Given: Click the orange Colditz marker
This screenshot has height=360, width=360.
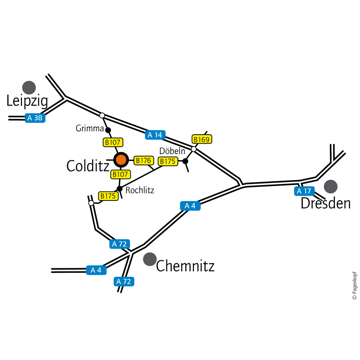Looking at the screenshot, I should point(121,159).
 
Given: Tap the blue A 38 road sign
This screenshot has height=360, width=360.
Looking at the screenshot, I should point(35,118).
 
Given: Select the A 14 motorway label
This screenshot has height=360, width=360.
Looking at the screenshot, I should point(156,135).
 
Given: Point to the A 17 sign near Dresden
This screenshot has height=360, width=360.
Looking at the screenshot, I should point(304,191).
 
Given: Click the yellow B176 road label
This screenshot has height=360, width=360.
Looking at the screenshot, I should point(144,161).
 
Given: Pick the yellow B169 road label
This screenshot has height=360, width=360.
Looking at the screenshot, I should point(202,139).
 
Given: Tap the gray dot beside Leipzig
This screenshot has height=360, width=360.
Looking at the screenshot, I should point(29,87).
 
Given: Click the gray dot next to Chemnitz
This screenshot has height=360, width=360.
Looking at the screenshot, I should point(150,259).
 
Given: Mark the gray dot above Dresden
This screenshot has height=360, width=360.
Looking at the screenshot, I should point(330,186).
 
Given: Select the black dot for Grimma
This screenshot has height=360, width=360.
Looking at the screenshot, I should point(108,130).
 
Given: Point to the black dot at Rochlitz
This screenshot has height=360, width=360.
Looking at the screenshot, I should point(120,188).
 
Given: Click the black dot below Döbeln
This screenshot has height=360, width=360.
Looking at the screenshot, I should point(185,161).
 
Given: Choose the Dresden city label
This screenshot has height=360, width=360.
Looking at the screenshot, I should point(325,204).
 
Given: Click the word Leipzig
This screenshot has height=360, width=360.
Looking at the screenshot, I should point(27,102).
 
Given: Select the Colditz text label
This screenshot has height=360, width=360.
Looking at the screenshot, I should point(88,166).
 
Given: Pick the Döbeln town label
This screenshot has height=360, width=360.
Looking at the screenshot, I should point(172,151).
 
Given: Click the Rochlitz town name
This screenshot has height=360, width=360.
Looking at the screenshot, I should point(140,190).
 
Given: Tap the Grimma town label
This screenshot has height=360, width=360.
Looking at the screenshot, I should point(89,129).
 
